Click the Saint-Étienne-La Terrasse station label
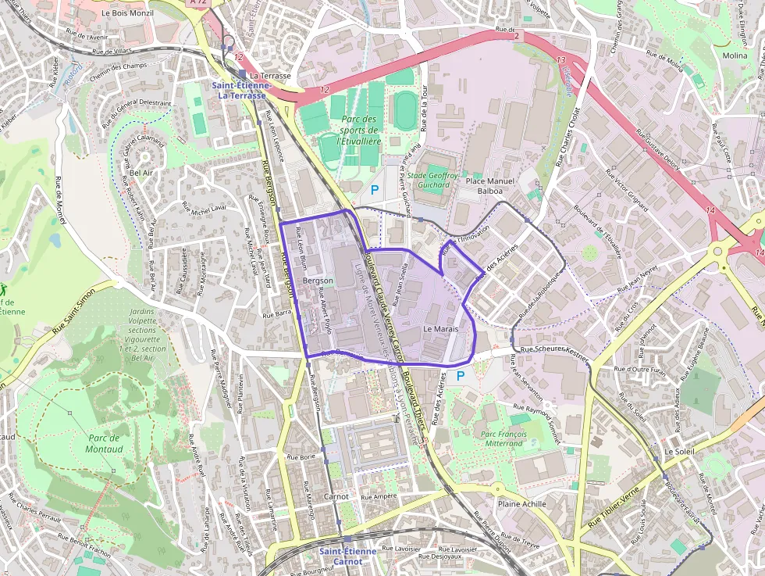point(241,90)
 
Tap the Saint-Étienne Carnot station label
point(347,556)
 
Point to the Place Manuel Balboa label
point(490,185)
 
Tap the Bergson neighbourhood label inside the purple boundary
point(317,281)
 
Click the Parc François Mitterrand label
point(502,438)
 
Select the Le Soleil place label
point(679,452)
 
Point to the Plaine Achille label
point(522,504)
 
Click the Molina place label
point(735,55)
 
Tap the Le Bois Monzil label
point(128,13)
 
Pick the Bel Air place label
point(141,173)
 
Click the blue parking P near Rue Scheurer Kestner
point(460,376)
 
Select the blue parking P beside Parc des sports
point(375,189)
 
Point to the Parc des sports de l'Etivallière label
point(359,131)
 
